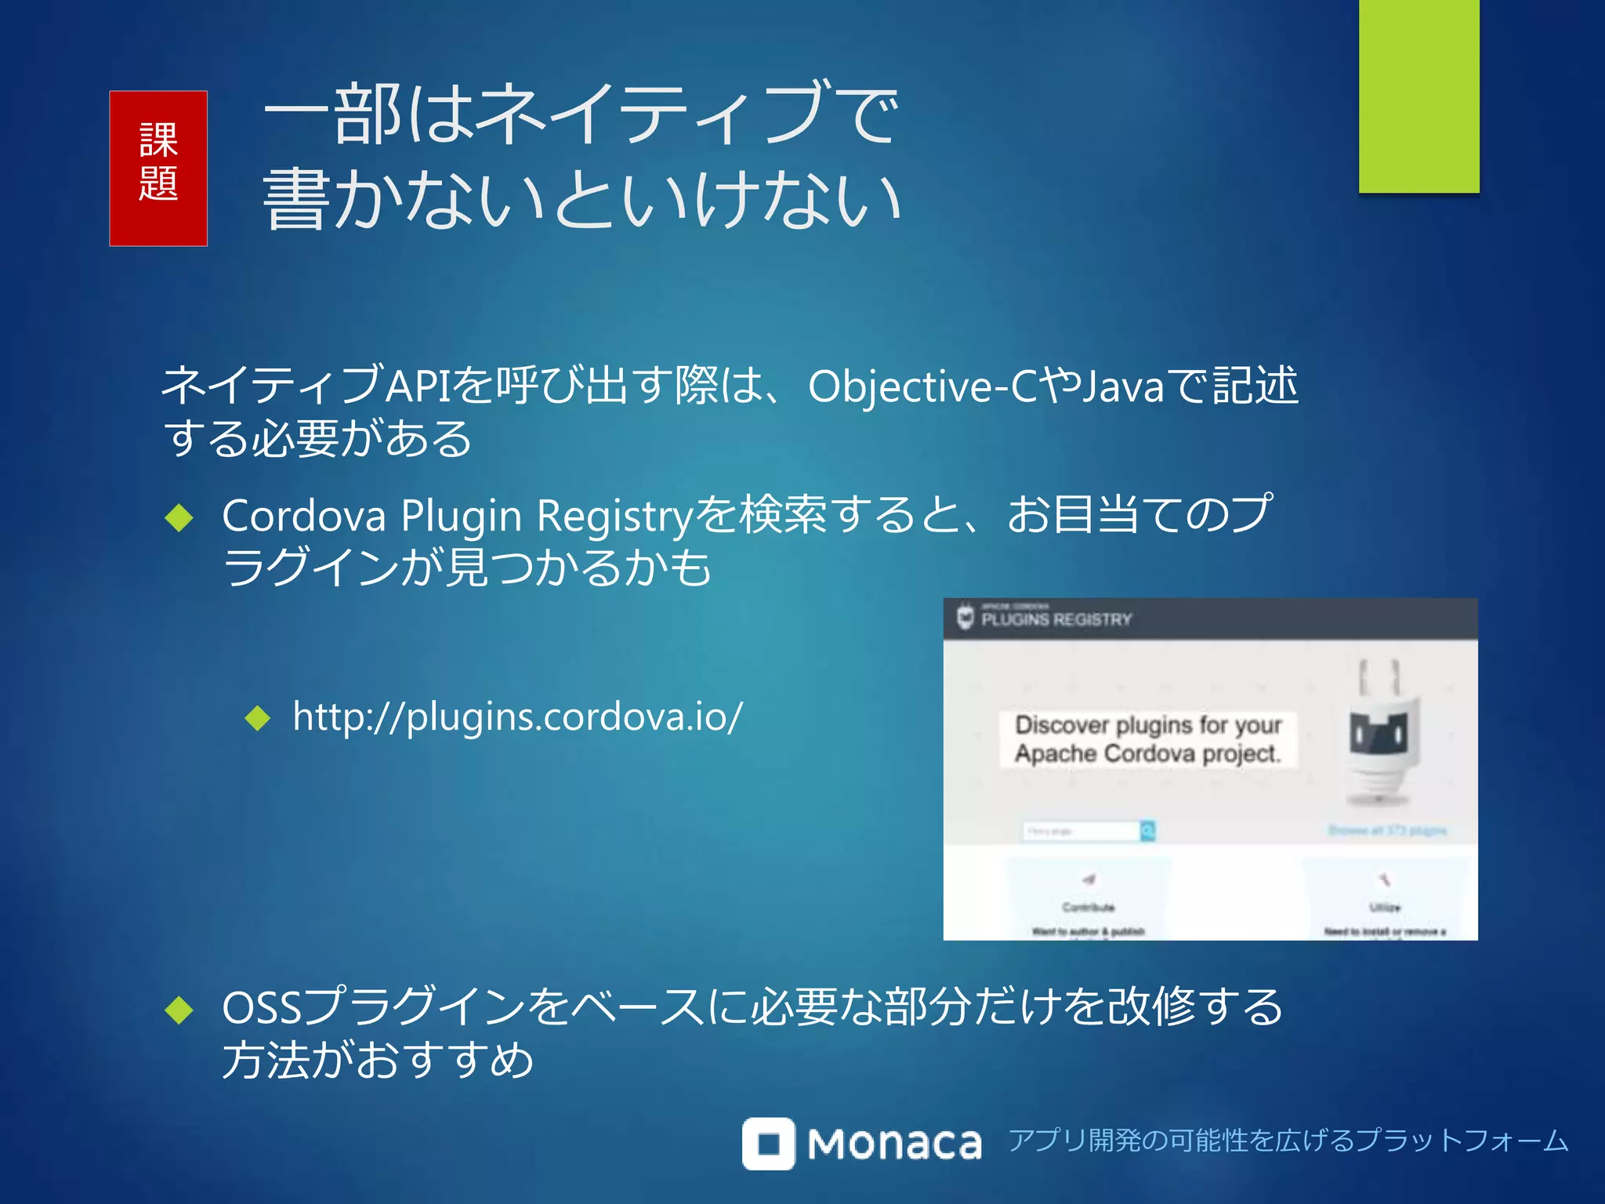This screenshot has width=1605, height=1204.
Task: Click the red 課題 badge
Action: pos(158,169)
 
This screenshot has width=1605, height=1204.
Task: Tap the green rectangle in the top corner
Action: pos(1418,96)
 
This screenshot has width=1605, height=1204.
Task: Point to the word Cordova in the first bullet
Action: pos(304,517)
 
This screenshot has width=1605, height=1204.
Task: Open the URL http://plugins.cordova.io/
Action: pos(517,717)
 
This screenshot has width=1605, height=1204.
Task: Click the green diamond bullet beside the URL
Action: pos(257,718)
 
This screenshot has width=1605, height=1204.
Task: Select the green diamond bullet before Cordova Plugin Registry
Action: pos(179,518)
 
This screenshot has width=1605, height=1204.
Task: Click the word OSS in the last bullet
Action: pos(262,1009)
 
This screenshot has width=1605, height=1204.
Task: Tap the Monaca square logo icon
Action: pos(768,1144)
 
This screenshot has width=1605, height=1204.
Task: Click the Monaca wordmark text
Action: pos(894,1144)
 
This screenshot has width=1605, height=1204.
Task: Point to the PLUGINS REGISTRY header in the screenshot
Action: pos(1056,619)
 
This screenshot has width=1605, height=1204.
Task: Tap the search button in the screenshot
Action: pos(1147,831)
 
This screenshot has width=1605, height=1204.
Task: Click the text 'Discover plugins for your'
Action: pos(1148,725)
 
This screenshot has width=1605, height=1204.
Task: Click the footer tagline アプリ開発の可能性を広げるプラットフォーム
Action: pos(1288,1141)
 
